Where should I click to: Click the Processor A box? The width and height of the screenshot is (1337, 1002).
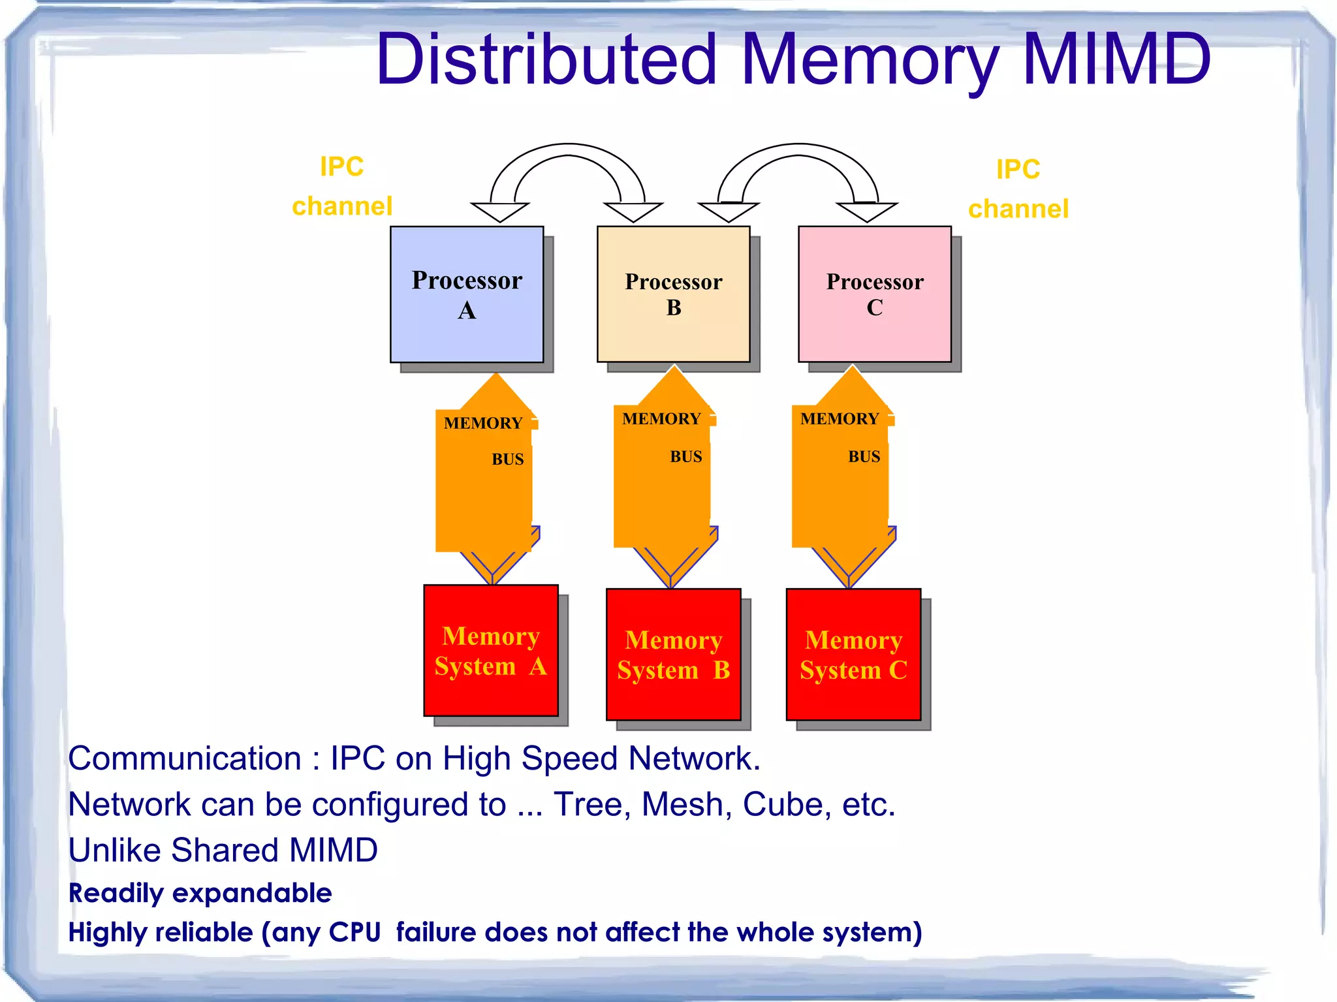pos(467,294)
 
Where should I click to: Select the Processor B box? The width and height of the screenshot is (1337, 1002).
pos(673,294)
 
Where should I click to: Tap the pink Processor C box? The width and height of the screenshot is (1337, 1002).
pos(874,294)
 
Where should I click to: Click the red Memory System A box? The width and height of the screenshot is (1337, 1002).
pos(491,650)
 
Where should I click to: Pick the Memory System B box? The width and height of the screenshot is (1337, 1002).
pos(673,654)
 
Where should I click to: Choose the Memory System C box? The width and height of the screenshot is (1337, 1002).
pos(853,654)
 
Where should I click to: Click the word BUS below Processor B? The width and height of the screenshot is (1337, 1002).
pos(686,457)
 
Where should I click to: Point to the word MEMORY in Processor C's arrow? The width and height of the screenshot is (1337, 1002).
pos(840,419)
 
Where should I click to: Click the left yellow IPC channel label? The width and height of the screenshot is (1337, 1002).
pos(342,187)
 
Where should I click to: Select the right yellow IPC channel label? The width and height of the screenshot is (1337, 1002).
pos(1018,189)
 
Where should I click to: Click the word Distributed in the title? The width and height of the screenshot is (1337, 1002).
pos(547,60)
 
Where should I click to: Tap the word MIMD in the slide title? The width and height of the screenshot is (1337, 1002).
pos(1117,60)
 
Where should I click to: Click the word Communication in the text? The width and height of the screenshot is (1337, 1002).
pos(185,759)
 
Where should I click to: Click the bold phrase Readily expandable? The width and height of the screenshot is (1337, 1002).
pos(200,893)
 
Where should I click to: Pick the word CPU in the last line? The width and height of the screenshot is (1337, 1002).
pos(354,932)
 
